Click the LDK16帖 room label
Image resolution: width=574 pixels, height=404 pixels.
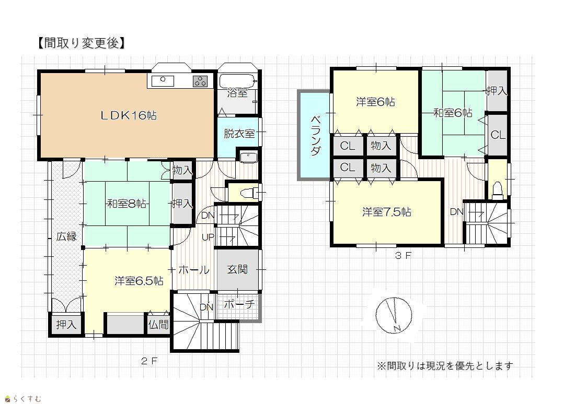pos(129,116)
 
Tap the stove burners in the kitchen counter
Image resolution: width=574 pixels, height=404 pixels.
pos(200,81)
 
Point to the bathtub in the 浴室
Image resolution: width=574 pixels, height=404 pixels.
pos(236,80)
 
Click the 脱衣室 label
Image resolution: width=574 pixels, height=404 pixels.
pos(239,134)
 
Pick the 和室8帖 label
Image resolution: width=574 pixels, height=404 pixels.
pos(127,203)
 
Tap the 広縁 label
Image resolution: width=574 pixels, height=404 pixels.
pos(66,236)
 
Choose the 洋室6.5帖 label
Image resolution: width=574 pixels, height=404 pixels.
pos(139,281)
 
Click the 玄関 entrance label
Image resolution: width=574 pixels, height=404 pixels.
pos(237,269)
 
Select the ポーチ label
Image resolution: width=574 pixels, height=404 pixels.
pos(239,304)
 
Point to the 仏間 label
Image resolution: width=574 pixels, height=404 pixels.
pos(158,324)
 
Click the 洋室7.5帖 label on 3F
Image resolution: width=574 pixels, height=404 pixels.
pos(386,212)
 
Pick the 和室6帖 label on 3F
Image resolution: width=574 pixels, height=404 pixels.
pos(453,113)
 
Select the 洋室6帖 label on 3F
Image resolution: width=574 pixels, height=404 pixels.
pos(375,102)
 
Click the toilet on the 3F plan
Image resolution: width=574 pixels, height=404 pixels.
pos(497,191)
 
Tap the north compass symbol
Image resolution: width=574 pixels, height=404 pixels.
pos(394,316)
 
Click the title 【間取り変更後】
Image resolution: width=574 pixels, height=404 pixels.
pos(82,43)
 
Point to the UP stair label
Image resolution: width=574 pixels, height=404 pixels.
pos(208,237)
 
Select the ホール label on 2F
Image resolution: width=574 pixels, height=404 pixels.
pos(193,270)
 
